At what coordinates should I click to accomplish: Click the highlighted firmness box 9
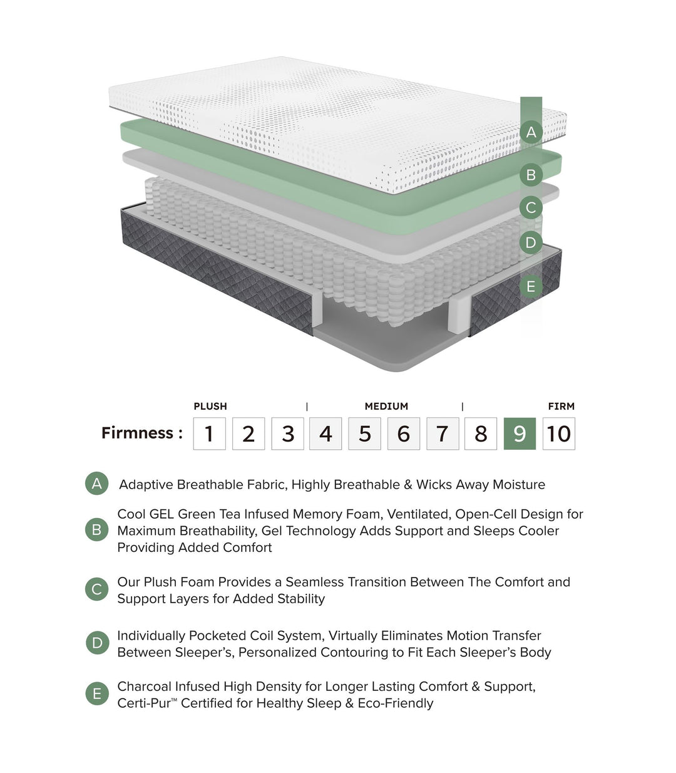520,433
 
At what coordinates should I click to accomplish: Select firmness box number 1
209,433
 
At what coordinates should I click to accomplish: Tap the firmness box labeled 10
558,433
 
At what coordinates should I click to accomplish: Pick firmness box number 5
364,433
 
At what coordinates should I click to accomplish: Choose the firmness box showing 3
287,433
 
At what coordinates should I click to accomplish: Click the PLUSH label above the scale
210,406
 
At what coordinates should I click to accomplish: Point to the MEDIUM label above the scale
386,406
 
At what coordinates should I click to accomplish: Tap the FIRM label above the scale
561,406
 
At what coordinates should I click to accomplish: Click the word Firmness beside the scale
138,433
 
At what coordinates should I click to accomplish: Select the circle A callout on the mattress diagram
531,132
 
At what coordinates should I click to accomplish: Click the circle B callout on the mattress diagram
531,175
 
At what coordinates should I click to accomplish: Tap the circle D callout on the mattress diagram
531,242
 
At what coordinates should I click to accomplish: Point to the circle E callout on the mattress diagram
531,286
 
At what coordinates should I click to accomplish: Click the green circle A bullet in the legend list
96,484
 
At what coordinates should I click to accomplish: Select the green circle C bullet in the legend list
96,589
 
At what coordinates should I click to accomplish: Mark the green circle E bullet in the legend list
96,694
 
